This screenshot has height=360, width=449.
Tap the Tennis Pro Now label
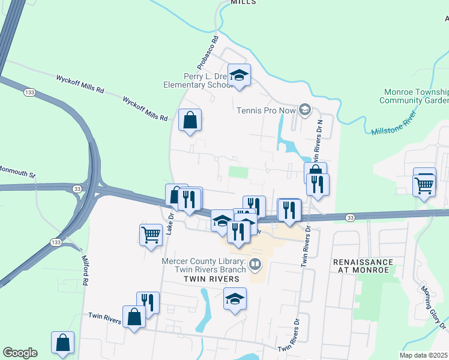(x=267, y=110)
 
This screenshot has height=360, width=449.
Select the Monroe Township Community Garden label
(x=414, y=96)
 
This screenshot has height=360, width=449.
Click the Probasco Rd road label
(x=203, y=53)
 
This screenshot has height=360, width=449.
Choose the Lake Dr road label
(x=170, y=223)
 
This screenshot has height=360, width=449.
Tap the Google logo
(x=20, y=353)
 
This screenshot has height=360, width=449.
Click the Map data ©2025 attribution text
(x=424, y=355)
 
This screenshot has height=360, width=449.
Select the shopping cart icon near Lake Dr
(x=151, y=235)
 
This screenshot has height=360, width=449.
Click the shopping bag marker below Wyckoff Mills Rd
(x=190, y=120)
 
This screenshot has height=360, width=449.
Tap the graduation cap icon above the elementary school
(x=239, y=75)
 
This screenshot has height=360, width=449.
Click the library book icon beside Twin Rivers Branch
(x=255, y=264)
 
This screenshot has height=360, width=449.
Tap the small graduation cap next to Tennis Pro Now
(x=305, y=109)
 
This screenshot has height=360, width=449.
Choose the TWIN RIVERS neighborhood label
(x=207, y=280)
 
